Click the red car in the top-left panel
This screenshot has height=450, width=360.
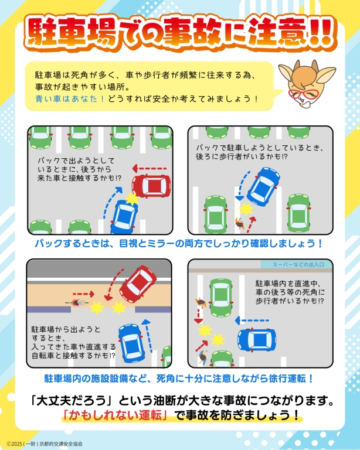tap(151, 186)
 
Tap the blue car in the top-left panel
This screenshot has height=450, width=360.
tap(125, 216)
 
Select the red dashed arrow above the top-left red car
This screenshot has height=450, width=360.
tap(150, 169)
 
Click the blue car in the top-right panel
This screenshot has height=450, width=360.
tap(263, 186)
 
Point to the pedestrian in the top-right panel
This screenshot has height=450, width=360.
tap(240, 223)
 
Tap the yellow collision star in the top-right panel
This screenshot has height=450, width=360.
tap(246, 209)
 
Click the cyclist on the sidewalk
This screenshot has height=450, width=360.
tap(76, 303)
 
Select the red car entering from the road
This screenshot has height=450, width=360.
tap(138, 284)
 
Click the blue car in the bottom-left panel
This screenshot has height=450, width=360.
tap(131, 343)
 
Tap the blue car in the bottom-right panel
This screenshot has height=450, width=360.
tap(257, 340)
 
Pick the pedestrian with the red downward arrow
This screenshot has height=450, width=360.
tap(201, 302)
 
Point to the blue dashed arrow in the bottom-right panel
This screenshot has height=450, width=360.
tap(252, 321)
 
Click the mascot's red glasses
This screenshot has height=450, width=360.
tap(303, 94)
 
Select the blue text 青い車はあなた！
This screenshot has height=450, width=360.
tap(70, 98)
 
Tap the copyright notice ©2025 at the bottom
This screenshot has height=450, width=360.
tap(45, 444)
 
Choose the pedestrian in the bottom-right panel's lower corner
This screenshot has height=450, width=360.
tap(203, 357)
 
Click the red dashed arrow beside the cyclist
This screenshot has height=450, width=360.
tap(83, 294)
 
